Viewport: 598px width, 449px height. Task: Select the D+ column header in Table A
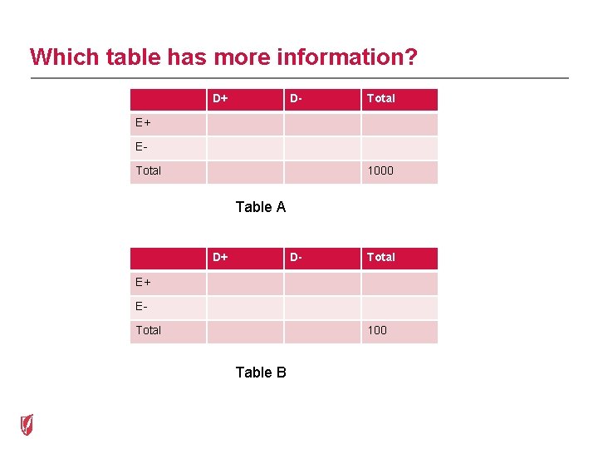220,98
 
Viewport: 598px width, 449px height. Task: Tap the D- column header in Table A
296,98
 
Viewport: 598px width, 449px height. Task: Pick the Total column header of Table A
381,98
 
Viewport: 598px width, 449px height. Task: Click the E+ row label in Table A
144,123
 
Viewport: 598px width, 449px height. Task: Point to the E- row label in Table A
142,147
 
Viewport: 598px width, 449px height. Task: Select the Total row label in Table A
149,170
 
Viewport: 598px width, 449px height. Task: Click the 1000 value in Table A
380,170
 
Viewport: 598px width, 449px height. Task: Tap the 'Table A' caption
261,207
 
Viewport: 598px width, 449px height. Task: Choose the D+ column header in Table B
220,257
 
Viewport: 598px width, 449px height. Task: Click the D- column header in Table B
296,257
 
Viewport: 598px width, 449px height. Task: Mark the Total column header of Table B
381,257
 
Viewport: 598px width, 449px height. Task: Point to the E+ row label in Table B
144,282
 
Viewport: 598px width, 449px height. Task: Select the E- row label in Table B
142,306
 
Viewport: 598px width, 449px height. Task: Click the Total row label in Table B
149,330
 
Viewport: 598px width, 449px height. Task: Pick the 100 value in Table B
377,330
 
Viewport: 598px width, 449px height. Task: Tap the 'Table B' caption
261,373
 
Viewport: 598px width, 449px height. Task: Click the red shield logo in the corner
27,424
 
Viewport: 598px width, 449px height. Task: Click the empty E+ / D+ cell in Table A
245,124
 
